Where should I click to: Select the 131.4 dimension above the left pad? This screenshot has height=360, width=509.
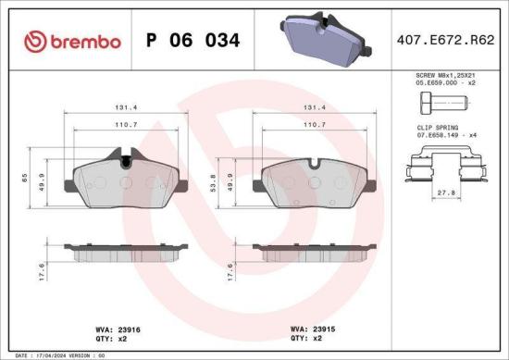tap(126, 107)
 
